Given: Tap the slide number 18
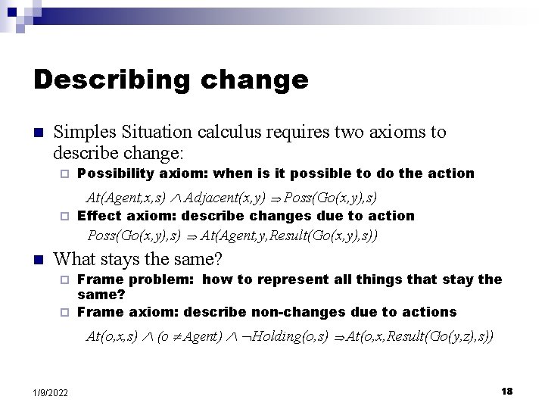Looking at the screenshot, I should pos(506,391).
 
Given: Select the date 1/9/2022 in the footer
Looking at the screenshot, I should pos(50,392).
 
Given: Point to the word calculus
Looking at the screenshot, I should pos(231,132).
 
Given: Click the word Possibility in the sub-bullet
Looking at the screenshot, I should pos(116,173).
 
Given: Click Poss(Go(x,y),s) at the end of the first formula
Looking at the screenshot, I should pos(331,198).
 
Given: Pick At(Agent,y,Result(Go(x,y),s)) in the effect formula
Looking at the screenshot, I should pos(289,236).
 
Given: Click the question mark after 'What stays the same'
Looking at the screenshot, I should pos(218,260).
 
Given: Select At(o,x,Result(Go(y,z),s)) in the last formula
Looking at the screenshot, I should pos(420,336).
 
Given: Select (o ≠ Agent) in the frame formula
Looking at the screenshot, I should pos(189,336).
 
